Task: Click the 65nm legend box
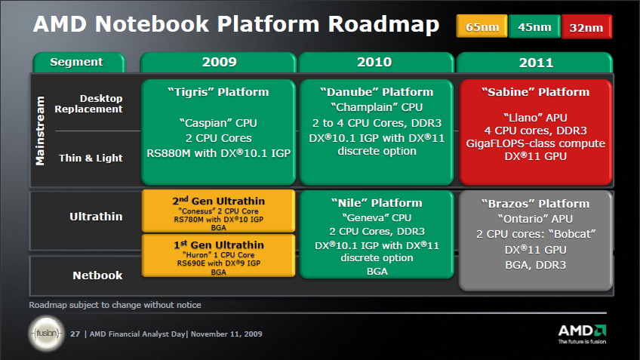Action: point(482,26)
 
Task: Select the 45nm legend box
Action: point(534,26)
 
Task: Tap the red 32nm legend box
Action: point(586,27)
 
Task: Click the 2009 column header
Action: point(218,63)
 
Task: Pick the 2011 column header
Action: point(534,63)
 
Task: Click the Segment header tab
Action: point(78,62)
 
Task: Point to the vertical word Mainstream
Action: point(40,131)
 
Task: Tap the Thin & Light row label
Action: point(91,158)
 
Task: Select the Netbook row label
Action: point(97,275)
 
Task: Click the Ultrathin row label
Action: point(96,217)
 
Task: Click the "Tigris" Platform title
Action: point(218,92)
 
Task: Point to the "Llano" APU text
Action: point(535,118)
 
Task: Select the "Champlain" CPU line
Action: point(377,107)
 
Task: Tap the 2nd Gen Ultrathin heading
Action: point(218,201)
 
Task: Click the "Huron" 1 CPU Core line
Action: point(218,254)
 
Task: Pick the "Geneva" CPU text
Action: point(377,217)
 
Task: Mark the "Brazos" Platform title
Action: point(535,204)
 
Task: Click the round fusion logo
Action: point(47,334)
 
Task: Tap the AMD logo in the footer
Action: point(582,334)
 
